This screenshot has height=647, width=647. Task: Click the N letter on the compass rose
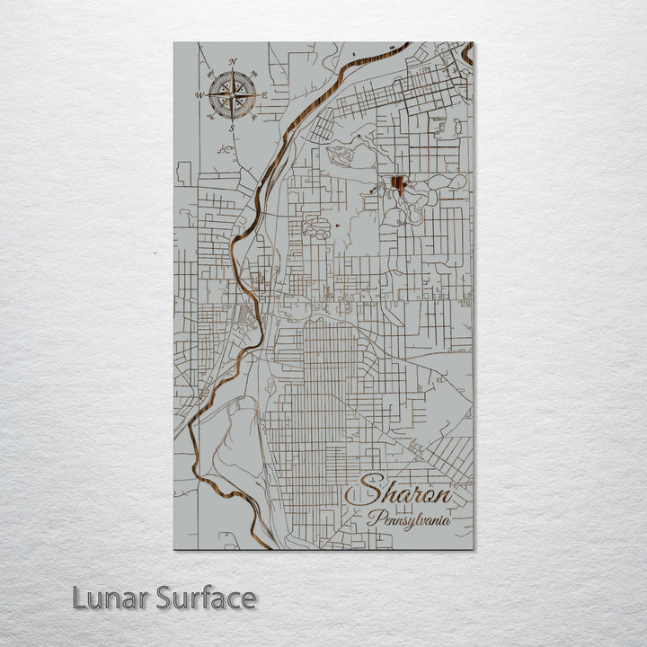click(x=233, y=61)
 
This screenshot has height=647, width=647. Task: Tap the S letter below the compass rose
click(x=232, y=129)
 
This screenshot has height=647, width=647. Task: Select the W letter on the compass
click(x=199, y=94)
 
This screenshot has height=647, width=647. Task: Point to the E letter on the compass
click(x=265, y=94)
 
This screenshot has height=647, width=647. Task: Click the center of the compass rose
click(x=233, y=94)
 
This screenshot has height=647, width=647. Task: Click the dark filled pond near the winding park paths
click(x=397, y=186)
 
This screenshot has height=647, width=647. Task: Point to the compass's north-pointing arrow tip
click(x=233, y=70)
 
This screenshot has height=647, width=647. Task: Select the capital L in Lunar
click(x=80, y=598)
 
